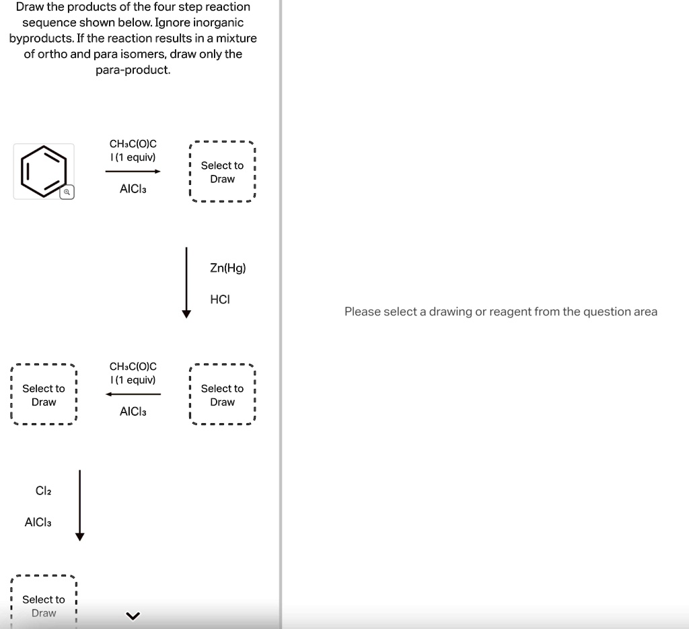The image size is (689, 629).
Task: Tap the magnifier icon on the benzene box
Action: [x=67, y=192]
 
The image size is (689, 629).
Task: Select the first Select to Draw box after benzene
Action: [x=222, y=172]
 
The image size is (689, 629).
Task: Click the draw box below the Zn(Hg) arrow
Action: [x=222, y=394]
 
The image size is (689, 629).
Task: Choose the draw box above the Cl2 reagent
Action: [x=44, y=394]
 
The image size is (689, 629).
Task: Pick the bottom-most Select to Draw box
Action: [x=44, y=602]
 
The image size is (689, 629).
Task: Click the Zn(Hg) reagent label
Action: [x=227, y=268]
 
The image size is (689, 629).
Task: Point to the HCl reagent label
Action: [x=220, y=299]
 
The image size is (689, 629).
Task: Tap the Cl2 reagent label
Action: [x=43, y=490]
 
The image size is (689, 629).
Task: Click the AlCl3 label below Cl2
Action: [x=38, y=522]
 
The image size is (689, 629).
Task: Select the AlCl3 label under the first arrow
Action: [x=133, y=189]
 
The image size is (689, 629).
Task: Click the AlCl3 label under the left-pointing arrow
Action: [x=133, y=412]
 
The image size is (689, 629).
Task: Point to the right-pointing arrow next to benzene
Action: [x=133, y=172]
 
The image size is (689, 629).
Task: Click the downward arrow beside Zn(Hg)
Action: [x=186, y=283]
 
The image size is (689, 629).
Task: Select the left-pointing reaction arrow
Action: [x=133, y=394]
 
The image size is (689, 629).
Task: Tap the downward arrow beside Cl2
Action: [x=79, y=505]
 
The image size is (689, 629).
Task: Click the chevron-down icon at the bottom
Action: [x=133, y=616]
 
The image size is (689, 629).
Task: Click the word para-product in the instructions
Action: [x=133, y=70]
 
